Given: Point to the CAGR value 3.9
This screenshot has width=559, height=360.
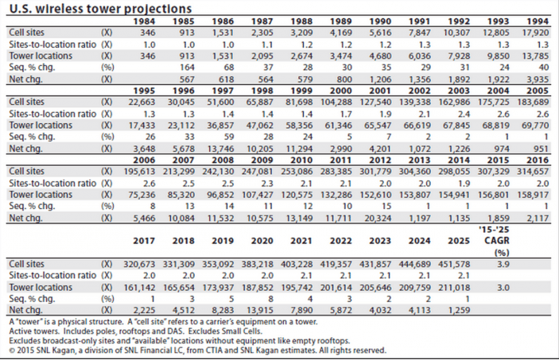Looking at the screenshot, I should pos(502,263).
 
